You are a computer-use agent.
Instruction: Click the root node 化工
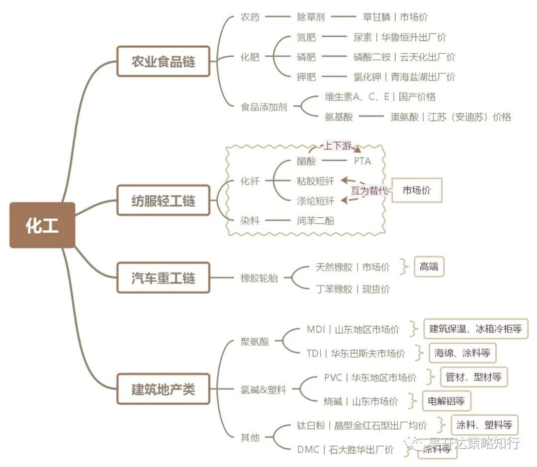point(42,225)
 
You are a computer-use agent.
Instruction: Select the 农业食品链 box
point(163,61)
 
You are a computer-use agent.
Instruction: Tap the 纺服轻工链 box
point(163,201)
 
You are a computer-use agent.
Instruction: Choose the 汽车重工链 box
point(163,278)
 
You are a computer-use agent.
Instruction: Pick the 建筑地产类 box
point(163,389)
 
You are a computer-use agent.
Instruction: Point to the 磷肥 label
point(306,57)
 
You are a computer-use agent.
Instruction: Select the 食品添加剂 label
point(264,106)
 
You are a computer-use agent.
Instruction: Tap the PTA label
point(362,161)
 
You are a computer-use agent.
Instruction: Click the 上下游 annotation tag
point(338,146)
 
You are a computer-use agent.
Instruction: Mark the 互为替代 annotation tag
point(369,190)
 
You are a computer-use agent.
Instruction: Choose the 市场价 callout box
point(416,190)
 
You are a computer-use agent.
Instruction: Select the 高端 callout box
point(429,267)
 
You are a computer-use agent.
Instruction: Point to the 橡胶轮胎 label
point(259,278)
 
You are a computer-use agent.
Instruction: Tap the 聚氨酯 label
point(254,341)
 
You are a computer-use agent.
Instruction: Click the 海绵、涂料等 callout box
point(462,353)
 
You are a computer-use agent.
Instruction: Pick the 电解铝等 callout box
point(446,401)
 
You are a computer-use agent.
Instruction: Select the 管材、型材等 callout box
point(473,377)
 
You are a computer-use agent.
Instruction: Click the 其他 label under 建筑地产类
point(250,438)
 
